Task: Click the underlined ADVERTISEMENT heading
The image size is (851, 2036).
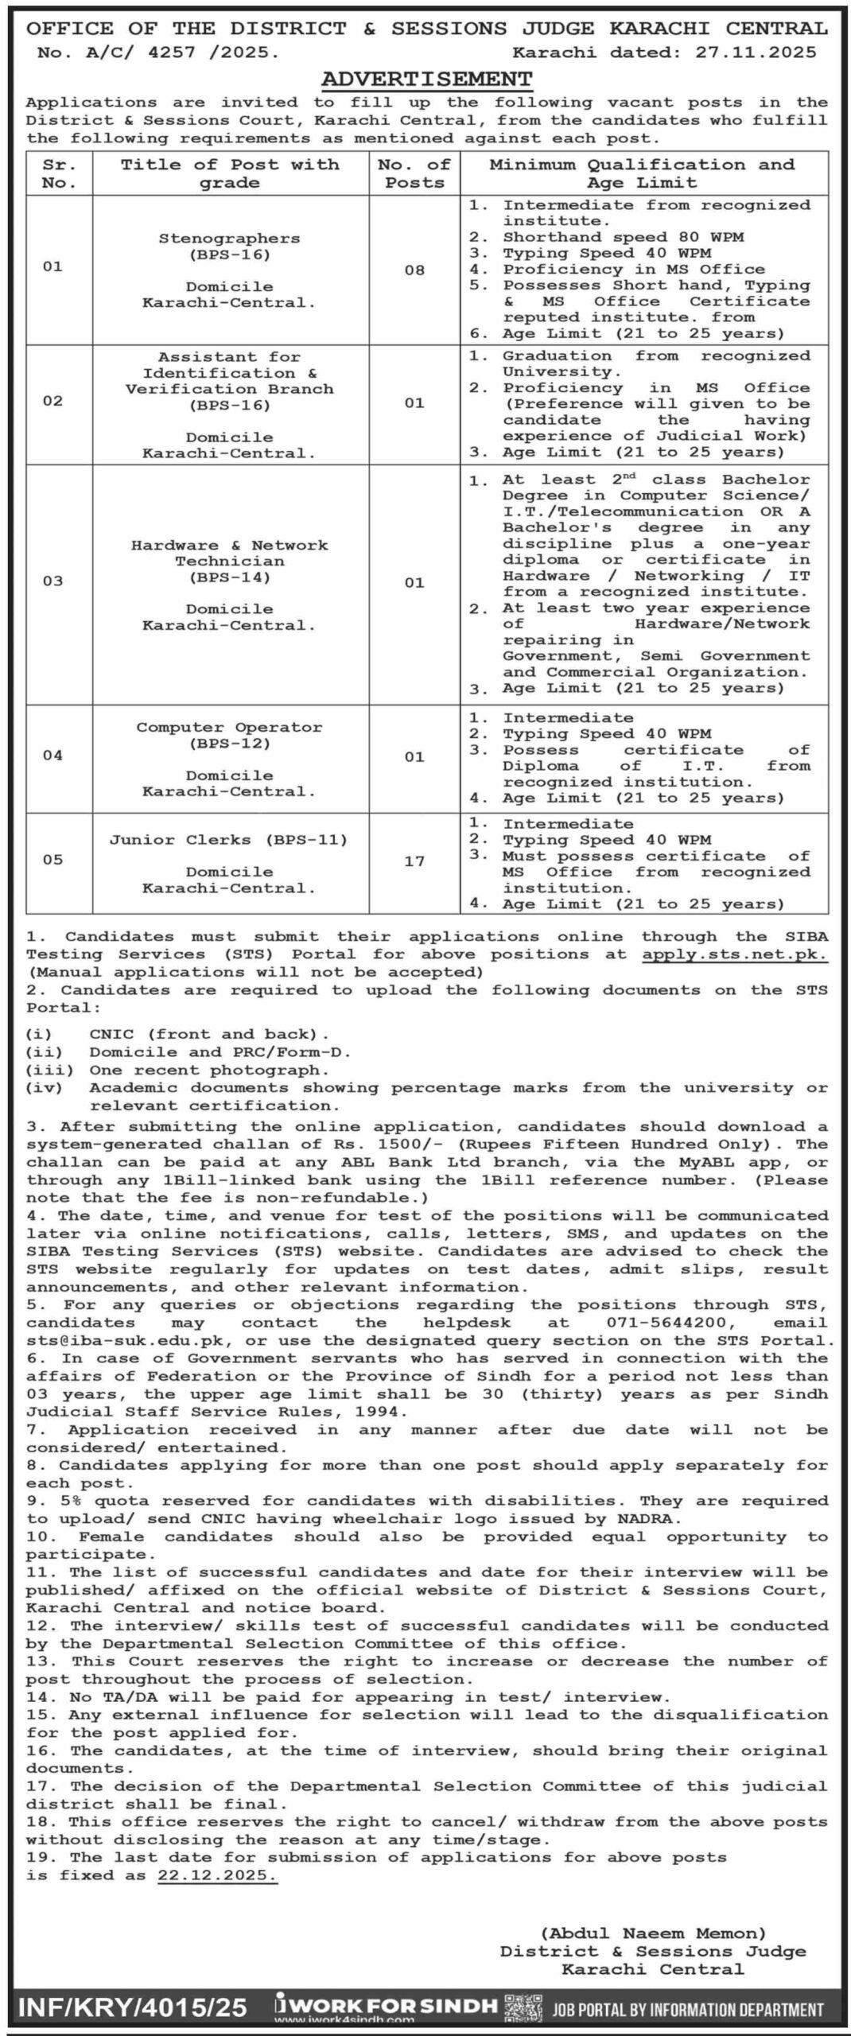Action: pos(426,79)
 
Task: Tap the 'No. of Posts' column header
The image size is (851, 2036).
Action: pos(414,173)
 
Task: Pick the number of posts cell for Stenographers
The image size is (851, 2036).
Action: pos(414,270)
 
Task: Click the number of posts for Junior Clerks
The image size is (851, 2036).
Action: pos(414,861)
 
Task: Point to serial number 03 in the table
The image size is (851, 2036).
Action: pos(52,581)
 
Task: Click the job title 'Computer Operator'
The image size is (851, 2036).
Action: pos(229,728)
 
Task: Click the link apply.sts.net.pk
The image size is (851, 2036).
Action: pos(735,954)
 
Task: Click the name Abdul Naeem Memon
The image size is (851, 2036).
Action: pos(653,1933)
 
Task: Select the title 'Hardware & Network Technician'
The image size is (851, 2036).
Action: pos(229,553)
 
